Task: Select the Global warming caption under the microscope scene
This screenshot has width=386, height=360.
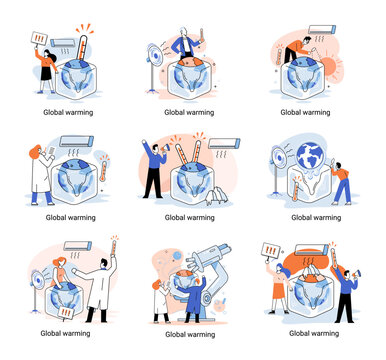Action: [189, 334]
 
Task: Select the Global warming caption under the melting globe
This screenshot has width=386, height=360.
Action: [315, 216]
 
